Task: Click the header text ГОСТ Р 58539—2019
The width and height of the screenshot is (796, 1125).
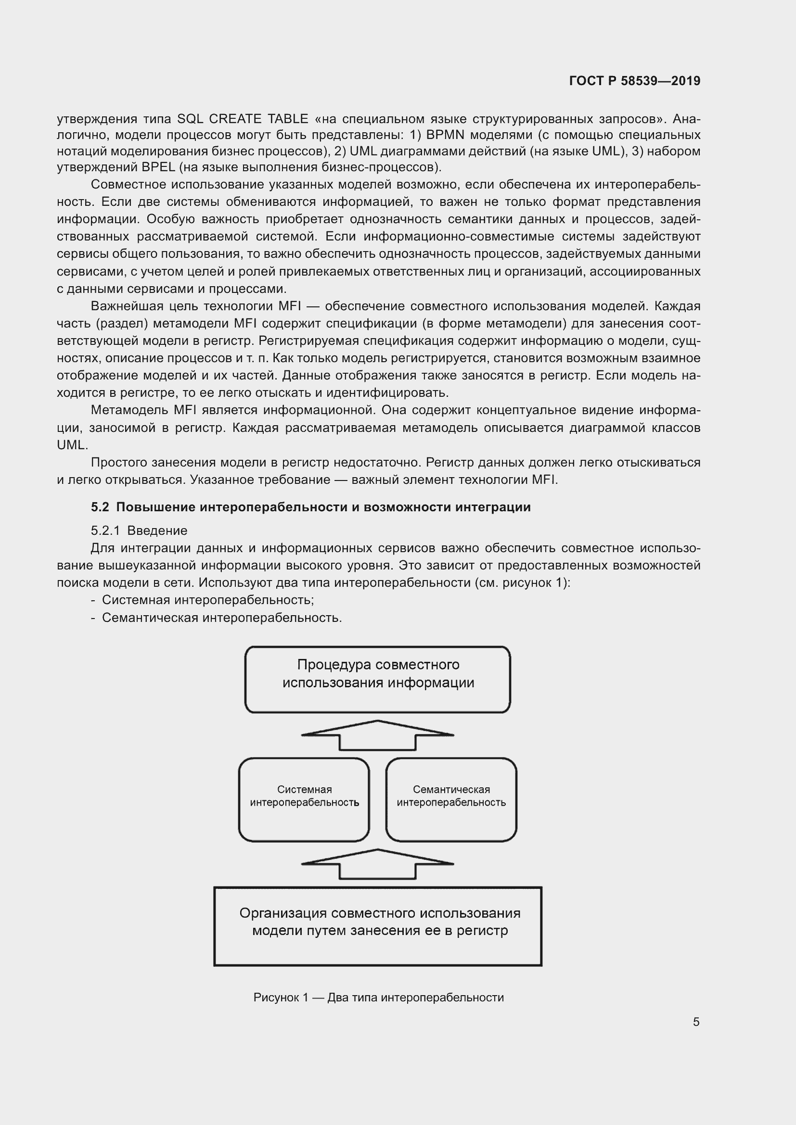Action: (634, 81)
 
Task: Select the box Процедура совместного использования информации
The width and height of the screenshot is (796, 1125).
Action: (377, 679)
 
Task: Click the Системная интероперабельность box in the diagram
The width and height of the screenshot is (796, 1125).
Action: (304, 800)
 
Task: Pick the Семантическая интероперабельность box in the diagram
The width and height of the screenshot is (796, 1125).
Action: (451, 800)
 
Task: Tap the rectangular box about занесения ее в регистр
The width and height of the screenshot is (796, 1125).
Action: (377, 925)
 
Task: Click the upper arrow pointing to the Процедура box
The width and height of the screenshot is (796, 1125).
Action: (377, 735)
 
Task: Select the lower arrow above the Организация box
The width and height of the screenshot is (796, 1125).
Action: (377, 864)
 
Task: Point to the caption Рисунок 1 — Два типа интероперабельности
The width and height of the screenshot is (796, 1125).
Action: (378, 997)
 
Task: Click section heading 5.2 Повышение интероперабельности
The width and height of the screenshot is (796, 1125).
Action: (311, 506)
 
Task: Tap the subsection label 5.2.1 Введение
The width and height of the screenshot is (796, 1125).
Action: (139, 530)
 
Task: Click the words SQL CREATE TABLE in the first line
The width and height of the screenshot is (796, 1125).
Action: (243, 119)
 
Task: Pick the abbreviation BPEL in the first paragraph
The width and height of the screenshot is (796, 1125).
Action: (158, 167)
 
